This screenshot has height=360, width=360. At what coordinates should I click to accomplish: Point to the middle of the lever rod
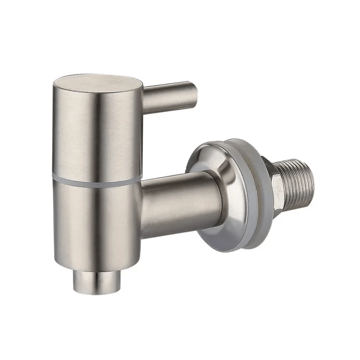coord(168,98)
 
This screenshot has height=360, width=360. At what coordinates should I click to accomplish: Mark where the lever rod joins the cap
coord(144,100)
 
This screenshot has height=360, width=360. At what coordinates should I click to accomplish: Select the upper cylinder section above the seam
coord(96,132)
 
